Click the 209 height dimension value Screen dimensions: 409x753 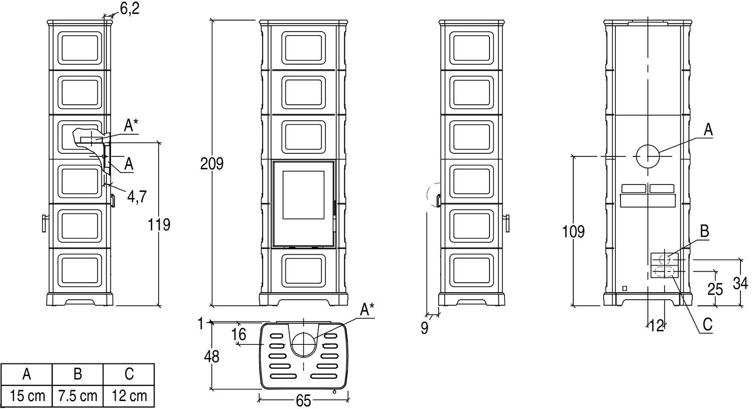211,164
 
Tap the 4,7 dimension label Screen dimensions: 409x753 136,196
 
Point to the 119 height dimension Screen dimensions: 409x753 159,225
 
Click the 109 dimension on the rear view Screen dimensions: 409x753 573,232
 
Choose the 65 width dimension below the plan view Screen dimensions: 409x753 303,401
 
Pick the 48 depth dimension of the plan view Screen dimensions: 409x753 212,356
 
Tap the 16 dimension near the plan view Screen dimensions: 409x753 239,334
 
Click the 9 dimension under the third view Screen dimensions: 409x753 425,329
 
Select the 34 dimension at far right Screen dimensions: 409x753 740,283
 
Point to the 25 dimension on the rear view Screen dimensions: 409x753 715,289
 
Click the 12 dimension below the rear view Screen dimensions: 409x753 657,326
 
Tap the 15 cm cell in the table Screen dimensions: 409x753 27,396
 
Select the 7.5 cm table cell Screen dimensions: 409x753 78,396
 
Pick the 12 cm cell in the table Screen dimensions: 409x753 129,396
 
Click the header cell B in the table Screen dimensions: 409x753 78,374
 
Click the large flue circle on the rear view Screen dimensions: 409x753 648,157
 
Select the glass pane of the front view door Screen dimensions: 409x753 303,194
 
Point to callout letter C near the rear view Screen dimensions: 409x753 707,324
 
